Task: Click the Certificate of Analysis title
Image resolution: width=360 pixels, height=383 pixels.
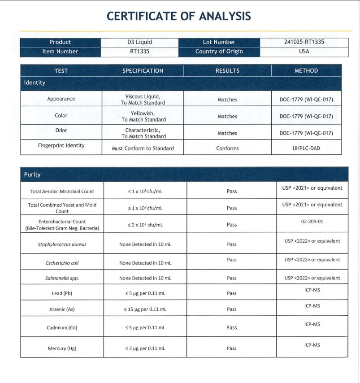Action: point(178,16)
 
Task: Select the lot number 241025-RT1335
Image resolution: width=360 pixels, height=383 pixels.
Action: point(304,42)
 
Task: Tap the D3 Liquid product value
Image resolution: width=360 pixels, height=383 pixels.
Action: point(139,42)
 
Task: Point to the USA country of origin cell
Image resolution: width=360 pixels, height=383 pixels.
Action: point(304,52)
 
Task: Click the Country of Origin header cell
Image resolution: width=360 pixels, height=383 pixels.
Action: point(219,52)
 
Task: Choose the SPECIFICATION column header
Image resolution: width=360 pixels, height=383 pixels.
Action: point(143,71)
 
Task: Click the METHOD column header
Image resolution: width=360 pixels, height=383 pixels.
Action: point(306,71)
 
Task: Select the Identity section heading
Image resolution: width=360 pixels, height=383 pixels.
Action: point(35,83)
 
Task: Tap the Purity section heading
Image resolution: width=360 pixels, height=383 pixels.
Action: point(32,174)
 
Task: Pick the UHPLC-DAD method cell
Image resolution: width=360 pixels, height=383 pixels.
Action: point(306,148)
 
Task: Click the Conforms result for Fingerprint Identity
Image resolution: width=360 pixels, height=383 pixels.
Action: point(227,148)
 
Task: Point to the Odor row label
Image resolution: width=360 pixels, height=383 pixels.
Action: point(61,131)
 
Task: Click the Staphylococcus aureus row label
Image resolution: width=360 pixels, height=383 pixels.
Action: point(62,244)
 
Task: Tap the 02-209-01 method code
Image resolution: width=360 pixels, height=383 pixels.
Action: point(312,222)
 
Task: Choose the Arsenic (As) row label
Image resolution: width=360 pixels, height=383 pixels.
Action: point(62,309)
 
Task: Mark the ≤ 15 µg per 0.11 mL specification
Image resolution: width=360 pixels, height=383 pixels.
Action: point(145,309)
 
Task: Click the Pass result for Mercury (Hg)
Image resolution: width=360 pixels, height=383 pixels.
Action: point(231,348)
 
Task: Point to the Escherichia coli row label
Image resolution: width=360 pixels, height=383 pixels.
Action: point(62,263)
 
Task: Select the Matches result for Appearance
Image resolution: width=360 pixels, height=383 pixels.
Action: point(227,100)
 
